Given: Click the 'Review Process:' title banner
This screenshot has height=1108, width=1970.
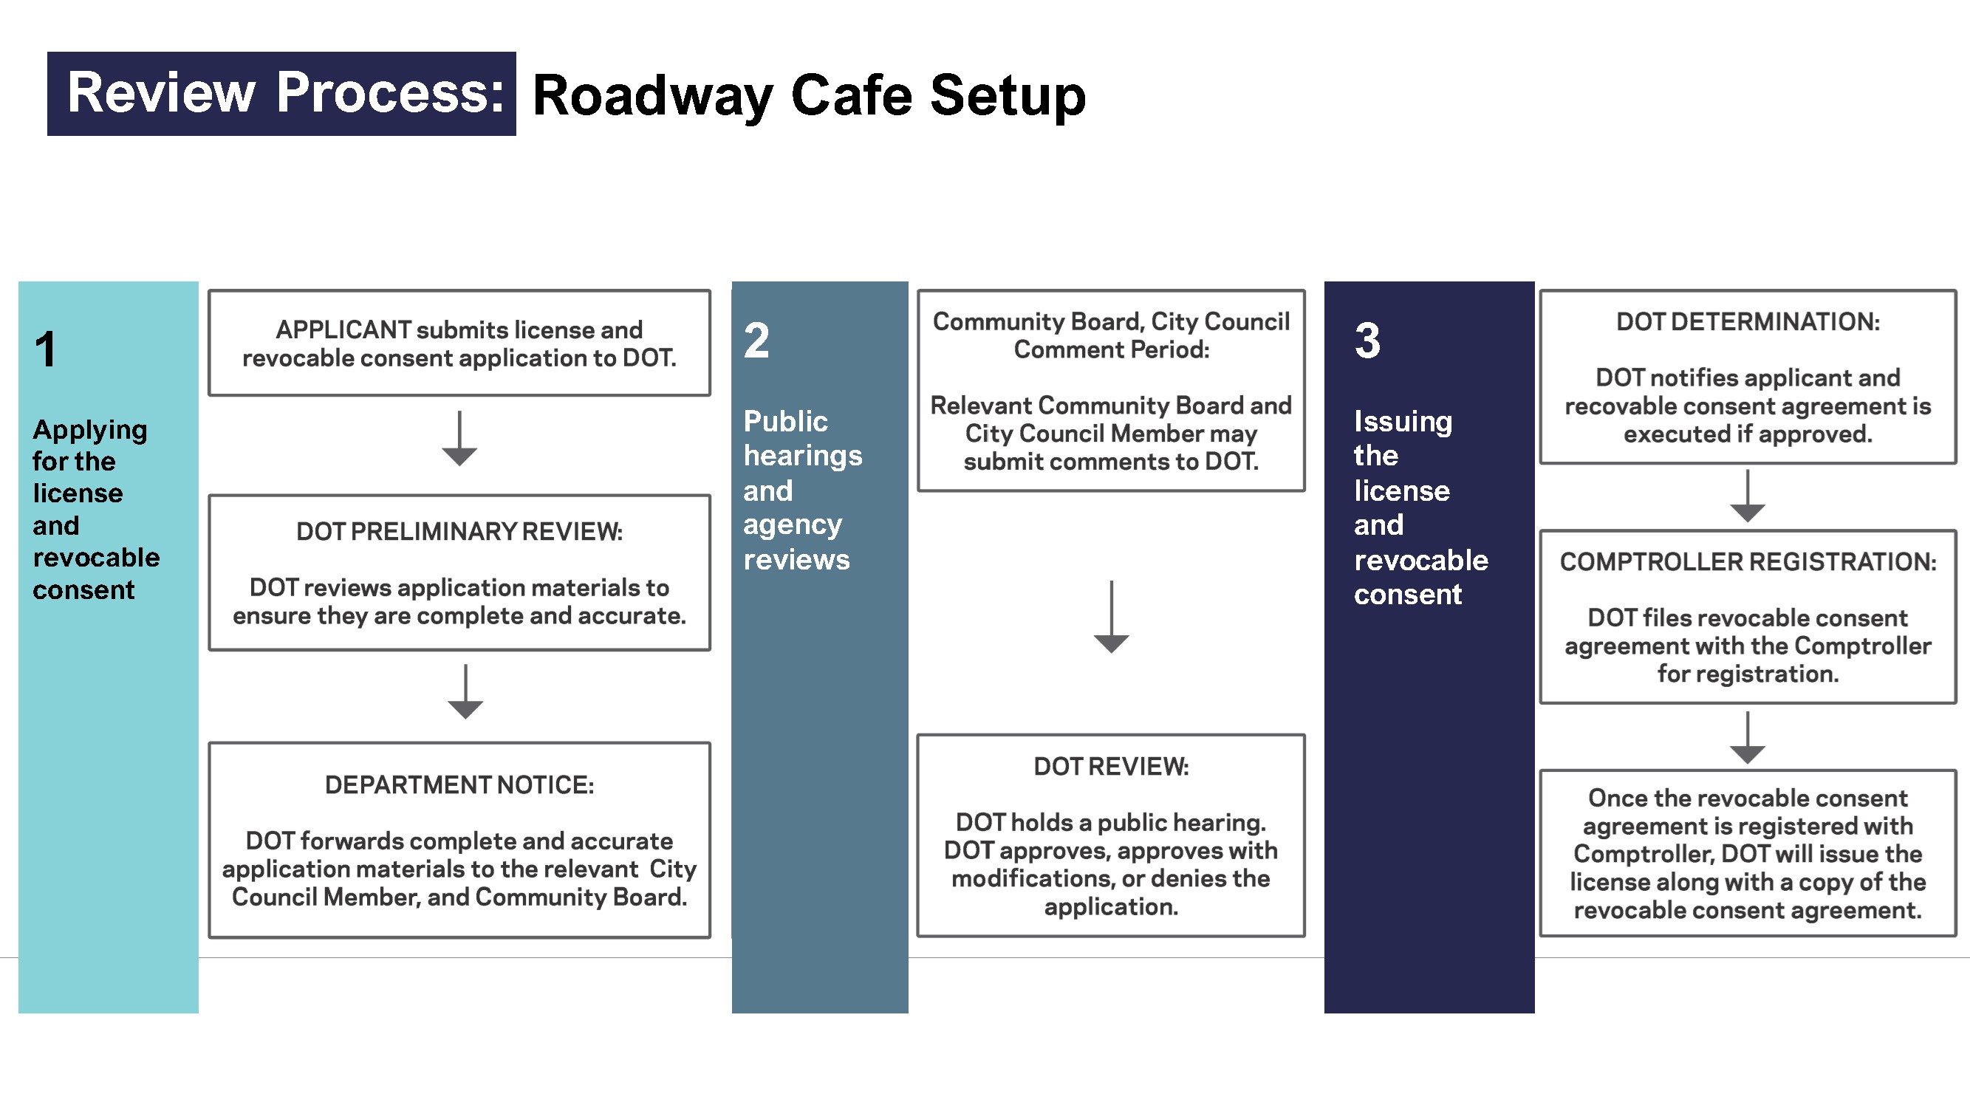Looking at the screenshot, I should [x=281, y=93].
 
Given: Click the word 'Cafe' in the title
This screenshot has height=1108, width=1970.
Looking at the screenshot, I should [x=851, y=95].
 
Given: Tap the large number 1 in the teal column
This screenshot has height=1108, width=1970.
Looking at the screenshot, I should [x=46, y=349].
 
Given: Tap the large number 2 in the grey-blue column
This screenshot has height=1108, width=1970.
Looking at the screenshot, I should [x=756, y=341].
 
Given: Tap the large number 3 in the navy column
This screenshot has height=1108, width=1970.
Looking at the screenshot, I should [x=1367, y=341].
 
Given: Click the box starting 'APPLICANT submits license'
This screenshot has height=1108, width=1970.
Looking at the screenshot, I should [x=459, y=343].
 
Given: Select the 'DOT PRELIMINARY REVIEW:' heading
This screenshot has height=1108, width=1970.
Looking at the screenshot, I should [x=459, y=531].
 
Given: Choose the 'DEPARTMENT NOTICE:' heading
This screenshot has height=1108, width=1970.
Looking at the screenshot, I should [x=459, y=784].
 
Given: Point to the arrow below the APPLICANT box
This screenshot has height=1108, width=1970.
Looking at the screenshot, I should [x=459, y=439].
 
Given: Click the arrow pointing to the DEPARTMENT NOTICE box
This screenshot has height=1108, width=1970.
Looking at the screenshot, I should [x=465, y=692].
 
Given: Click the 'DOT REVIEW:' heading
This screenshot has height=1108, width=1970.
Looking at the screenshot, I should [x=1111, y=766].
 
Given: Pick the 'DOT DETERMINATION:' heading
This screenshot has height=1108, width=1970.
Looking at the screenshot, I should [x=1748, y=322].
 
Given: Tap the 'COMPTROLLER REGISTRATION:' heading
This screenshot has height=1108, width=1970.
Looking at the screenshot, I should [x=1748, y=562].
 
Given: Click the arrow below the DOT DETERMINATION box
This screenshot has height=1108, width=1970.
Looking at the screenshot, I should [x=1748, y=496].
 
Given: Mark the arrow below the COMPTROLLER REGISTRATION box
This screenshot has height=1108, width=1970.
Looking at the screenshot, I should [x=1748, y=738].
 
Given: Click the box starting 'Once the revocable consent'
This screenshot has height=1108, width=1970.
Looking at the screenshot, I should [x=1748, y=853].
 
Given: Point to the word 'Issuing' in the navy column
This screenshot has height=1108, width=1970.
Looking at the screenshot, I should [x=1403, y=421].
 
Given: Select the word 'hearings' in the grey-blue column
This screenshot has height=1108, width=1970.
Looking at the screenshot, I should [x=802, y=456].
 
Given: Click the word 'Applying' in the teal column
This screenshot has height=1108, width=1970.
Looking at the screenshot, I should [x=89, y=431].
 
